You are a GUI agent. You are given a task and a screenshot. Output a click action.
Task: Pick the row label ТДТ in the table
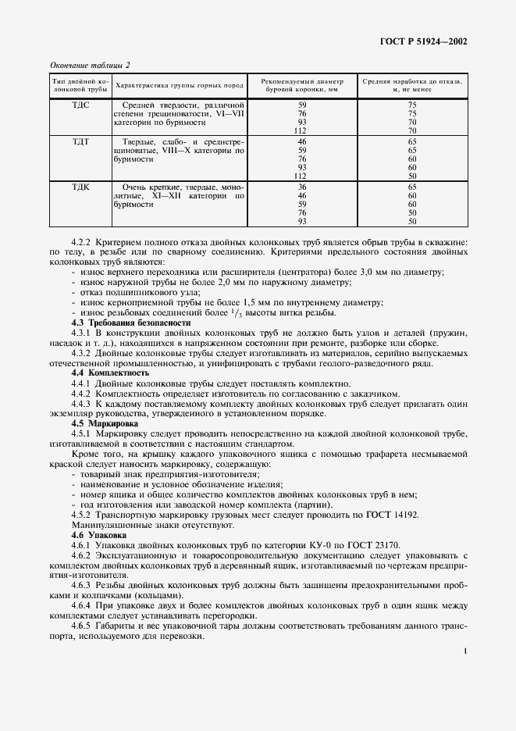tap(80, 141)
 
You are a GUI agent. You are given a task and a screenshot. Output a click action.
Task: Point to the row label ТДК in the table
tap(80, 187)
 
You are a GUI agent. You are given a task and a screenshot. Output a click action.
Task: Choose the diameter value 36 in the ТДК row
tap(302, 187)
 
